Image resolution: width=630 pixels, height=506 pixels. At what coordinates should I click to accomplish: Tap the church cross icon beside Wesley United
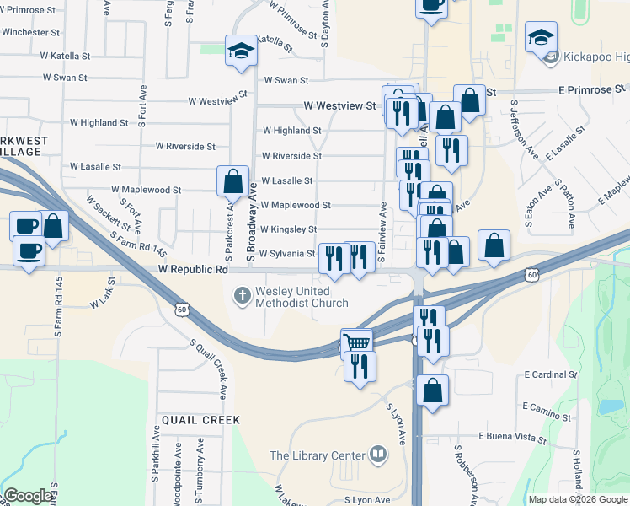[x=242, y=295]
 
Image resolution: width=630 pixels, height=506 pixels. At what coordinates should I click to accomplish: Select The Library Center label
[x=317, y=456]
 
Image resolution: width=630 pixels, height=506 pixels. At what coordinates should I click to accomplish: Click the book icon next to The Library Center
[x=378, y=456]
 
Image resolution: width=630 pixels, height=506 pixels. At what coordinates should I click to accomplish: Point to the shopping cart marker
[x=357, y=342]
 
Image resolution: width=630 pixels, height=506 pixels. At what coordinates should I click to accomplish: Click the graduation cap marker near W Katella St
[x=241, y=51]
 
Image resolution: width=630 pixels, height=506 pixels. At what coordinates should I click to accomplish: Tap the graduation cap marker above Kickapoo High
[x=541, y=37]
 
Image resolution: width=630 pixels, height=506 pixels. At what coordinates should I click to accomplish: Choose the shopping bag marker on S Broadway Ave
[x=232, y=180]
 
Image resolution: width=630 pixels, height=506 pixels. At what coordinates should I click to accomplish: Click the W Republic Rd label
[x=193, y=271]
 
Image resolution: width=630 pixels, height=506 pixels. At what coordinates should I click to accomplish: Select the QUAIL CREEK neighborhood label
[x=195, y=419]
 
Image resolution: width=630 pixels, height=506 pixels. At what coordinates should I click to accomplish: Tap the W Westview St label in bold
[x=339, y=106]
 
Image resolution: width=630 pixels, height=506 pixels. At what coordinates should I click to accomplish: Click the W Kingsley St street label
[x=288, y=229]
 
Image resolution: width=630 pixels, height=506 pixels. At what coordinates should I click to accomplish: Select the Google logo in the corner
[x=28, y=496]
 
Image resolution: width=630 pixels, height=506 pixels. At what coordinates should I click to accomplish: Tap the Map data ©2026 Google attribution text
[x=578, y=499]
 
